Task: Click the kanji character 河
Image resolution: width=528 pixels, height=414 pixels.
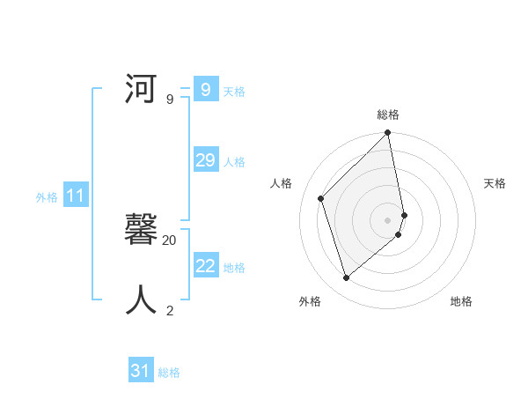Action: click(142, 90)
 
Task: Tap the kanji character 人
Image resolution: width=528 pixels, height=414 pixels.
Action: click(142, 300)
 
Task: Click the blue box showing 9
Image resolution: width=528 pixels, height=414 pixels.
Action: click(205, 90)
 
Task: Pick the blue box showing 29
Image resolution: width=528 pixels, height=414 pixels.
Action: click(205, 160)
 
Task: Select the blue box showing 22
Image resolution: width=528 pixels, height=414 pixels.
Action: click(205, 266)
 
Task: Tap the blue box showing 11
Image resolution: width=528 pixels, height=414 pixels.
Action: click(75, 196)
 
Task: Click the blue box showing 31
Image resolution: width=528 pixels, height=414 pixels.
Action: click(141, 371)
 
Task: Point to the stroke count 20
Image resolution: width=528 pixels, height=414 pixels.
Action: click(170, 240)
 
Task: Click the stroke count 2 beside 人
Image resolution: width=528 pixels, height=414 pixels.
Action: click(170, 310)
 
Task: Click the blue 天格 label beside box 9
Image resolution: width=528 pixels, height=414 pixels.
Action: click(234, 92)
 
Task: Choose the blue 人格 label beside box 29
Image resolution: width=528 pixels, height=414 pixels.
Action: click(234, 162)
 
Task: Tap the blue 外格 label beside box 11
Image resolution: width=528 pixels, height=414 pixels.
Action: click(47, 197)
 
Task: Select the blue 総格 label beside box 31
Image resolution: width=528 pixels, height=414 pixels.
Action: click(169, 373)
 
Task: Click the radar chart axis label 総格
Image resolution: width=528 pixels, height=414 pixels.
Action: click(388, 115)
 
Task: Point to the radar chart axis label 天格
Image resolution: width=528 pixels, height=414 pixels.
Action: click(495, 183)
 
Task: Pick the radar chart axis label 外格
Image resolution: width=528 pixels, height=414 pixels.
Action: click(310, 301)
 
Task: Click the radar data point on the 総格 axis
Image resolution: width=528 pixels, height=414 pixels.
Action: click(388, 134)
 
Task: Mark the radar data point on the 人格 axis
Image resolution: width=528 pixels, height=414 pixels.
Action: click(321, 198)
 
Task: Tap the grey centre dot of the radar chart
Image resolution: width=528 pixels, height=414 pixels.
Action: click(388, 220)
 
